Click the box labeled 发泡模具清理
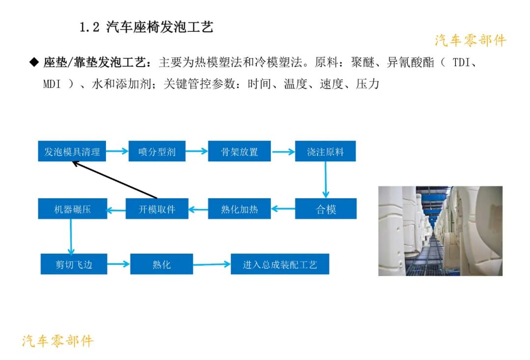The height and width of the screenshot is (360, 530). (x=72, y=152)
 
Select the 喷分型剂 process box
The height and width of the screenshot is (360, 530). (x=157, y=152)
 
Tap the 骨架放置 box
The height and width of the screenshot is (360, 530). (x=239, y=152)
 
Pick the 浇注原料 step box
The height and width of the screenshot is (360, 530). (x=325, y=152)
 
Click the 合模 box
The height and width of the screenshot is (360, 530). (x=325, y=209)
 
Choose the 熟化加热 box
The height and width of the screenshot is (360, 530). (x=239, y=209)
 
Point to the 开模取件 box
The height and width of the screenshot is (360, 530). (x=157, y=209)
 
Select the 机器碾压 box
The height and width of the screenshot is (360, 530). (x=72, y=209)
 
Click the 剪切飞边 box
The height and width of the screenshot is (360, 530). (x=74, y=264)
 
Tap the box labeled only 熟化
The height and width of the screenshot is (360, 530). (x=161, y=264)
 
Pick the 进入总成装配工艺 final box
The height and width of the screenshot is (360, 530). (x=280, y=264)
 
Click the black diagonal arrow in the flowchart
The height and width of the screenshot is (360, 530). (x=115, y=180)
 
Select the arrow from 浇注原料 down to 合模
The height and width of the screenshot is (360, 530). (x=325, y=180)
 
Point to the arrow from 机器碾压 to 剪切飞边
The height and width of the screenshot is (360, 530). (x=71, y=236)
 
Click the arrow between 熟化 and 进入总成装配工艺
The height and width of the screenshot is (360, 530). (x=212, y=264)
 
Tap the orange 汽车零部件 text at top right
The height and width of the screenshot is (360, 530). (x=470, y=41)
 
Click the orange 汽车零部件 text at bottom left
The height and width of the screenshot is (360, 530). (x=57, y=341)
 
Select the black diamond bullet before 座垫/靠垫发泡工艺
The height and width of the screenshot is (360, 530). (x=34, y=62)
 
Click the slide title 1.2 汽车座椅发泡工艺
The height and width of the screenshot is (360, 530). (x=146, y=27)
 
